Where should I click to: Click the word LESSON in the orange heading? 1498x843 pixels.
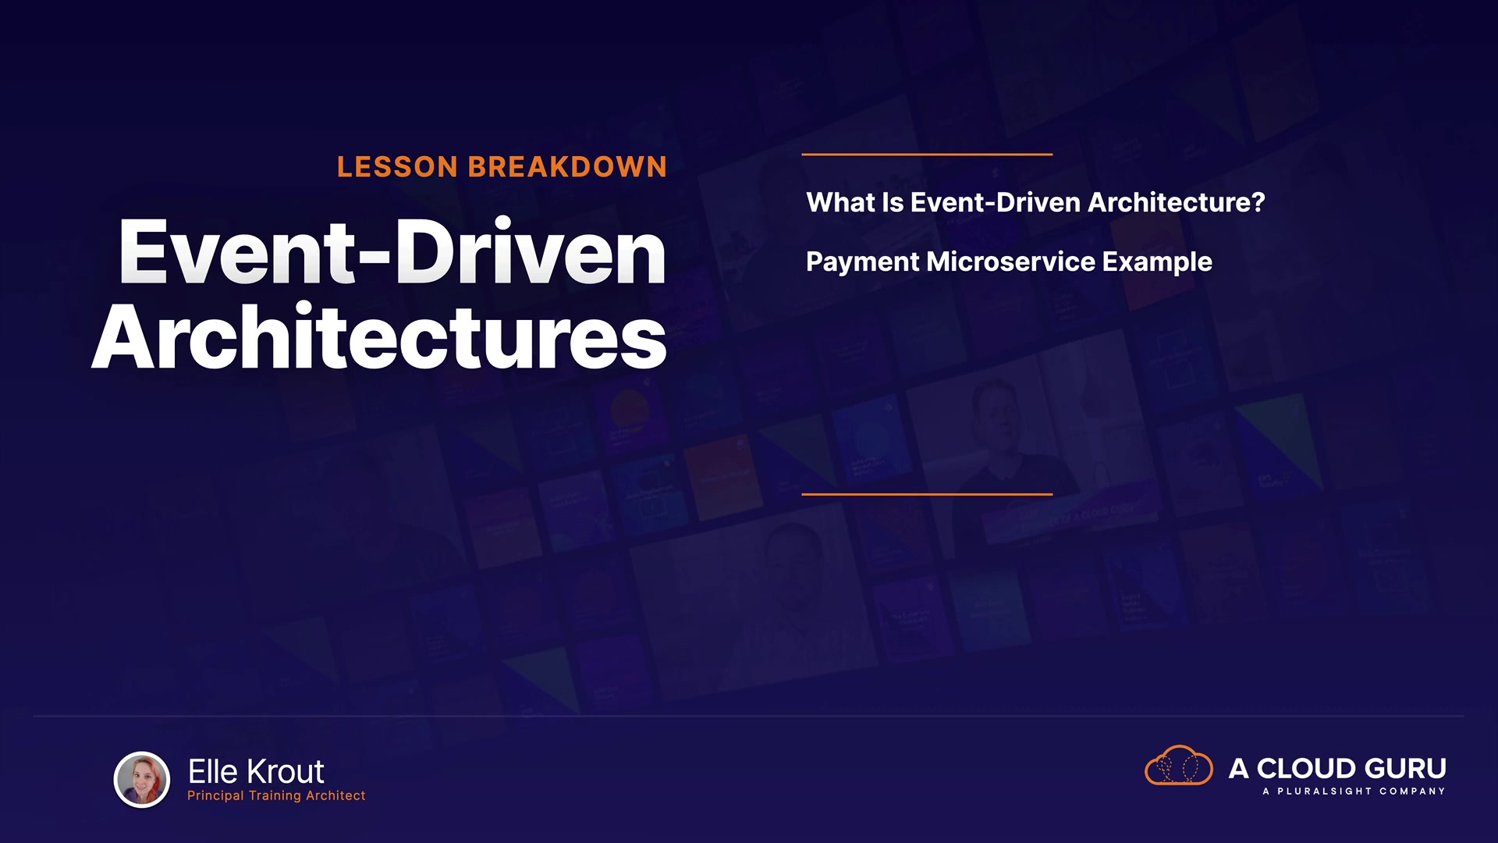click(397, 167)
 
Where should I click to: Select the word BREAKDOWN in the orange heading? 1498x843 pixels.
click(567, 167)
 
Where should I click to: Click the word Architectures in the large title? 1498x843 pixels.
click(379, 336)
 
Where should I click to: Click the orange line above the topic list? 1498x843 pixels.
click(927, 155)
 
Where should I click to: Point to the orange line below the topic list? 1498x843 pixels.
click(927, 494)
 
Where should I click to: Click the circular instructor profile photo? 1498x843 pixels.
click(142, 779)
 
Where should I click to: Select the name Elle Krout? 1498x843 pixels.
click(256, 771)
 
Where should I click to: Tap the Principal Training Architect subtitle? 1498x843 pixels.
click(276, 795)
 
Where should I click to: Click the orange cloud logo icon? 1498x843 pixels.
click(1178, 765)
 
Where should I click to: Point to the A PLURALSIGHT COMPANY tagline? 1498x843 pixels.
click(1354, 791)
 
